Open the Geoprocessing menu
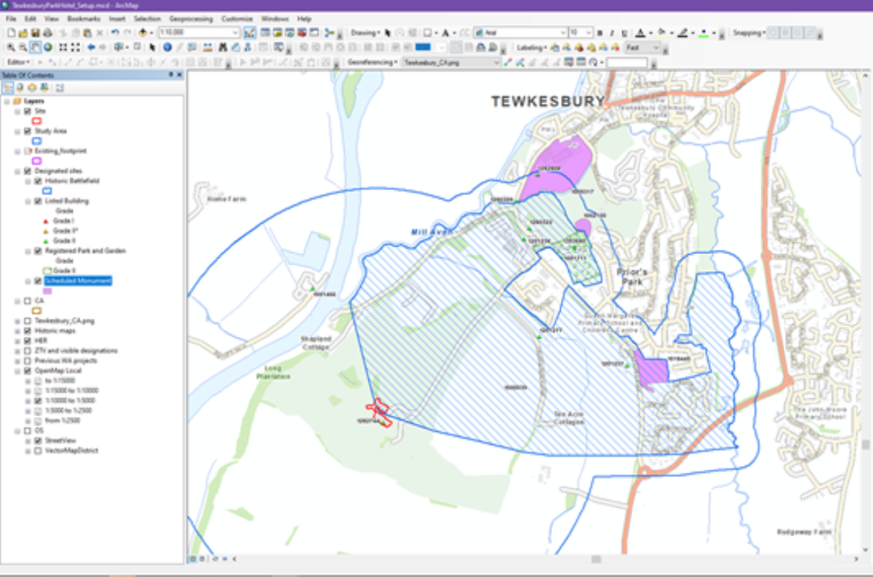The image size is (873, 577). point(190,18)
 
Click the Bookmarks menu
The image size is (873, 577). point(84,18)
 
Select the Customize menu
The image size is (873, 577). point(237,18)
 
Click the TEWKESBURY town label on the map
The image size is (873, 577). point(548,101)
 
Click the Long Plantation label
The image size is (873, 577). point(274,373)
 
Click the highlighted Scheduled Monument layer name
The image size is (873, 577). point(78,281)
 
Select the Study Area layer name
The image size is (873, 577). point(51,131)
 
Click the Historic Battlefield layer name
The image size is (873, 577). point(72,180)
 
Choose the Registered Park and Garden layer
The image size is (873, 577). point(85,250)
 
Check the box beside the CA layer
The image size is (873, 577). point(28,301)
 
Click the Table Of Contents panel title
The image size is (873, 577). point(27,75)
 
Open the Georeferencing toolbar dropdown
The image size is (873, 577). point(372,63)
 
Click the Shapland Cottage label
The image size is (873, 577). point(314,343)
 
